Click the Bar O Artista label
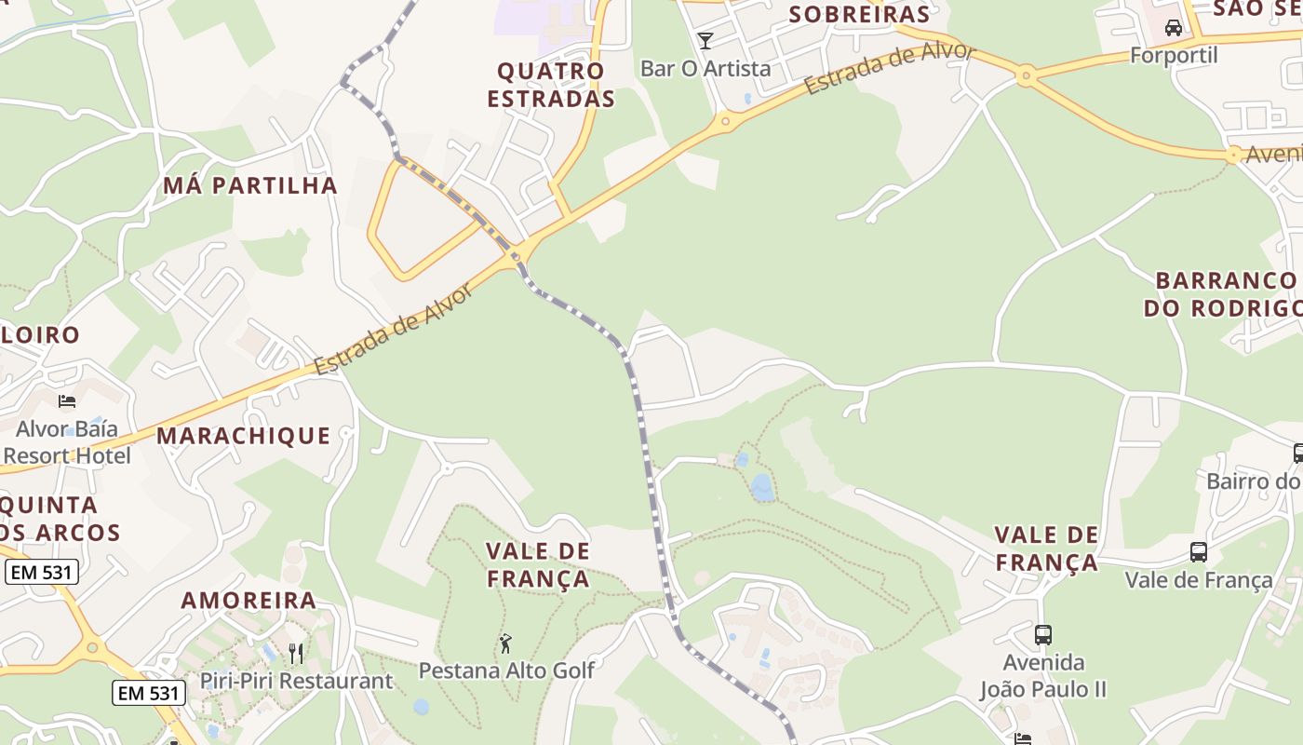[705, 68]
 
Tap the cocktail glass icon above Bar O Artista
[705, 40]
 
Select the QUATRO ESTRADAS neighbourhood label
[551, 85]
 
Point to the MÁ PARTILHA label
[250, 185]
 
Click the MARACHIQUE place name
[243, 436]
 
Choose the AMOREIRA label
[249, 601]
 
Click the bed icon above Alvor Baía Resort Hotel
[67, 401]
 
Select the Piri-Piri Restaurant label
[296, 681]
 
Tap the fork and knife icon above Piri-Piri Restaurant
[296, 653]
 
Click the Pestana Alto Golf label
[506, 670]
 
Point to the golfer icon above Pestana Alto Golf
[505, 643]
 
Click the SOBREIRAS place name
[859, 14]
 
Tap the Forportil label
[1174, 55]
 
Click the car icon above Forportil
[1174, 27]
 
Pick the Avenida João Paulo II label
[1043, 676]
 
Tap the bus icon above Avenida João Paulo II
[1043, 635]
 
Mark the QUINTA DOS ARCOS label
[56, 519]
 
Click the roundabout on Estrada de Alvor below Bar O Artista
[725, 121]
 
